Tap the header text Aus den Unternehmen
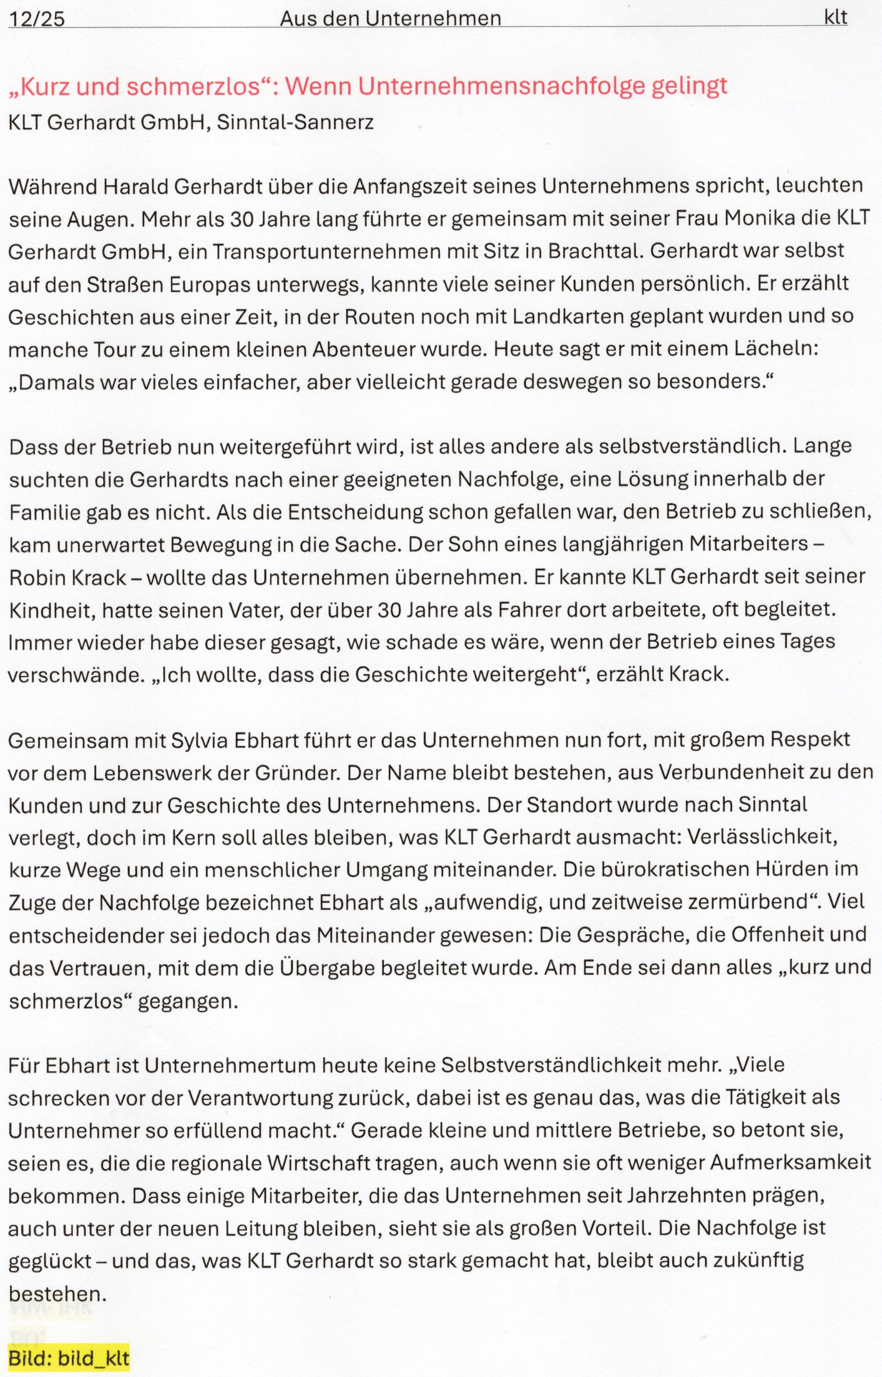click(390, 19)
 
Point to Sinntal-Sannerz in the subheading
click(295, 122)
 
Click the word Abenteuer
click(364, 349)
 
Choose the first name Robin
click(36, 577)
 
